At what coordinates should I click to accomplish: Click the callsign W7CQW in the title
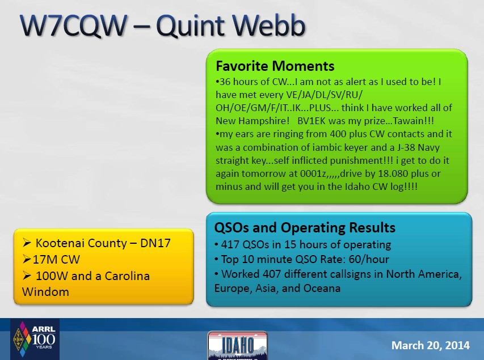point(73,26)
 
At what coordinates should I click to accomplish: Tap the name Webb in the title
point(268,25)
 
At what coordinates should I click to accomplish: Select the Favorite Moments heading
point(275,66)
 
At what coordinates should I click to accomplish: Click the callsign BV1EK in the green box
point(311,121)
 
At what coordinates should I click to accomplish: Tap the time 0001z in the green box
point(313,173)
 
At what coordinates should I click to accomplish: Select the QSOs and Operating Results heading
point(305,228)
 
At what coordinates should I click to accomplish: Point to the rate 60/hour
point(369,260)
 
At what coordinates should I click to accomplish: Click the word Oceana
point(322,288)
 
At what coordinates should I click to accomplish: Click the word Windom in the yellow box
point(45,292)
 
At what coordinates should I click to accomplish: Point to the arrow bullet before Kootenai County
point(27,243)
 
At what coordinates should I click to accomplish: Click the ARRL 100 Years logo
point(35,339)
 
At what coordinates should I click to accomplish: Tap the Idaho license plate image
point(237,345)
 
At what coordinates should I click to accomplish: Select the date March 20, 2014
point(430,345)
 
